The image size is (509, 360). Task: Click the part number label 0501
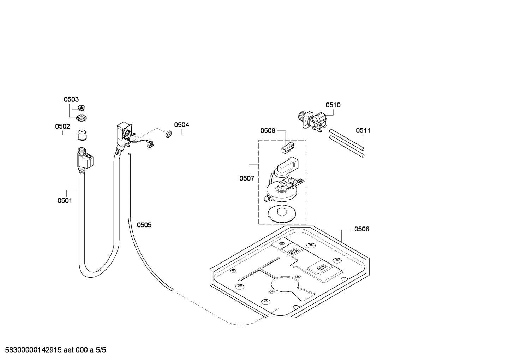coord(65,201)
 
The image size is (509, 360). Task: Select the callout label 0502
coord(62,126)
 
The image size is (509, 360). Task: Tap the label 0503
coord(71,100)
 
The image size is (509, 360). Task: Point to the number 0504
coord(181,125)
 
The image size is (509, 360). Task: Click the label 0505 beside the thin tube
coord(144,225)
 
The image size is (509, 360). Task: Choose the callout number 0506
coord(362,229)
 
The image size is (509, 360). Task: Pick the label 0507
coord(247,178)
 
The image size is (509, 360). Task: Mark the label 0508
coord(268,131)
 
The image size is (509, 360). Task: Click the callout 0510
coord(333,105)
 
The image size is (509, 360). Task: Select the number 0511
coord(363,130)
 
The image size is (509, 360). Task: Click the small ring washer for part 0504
coord(168,134)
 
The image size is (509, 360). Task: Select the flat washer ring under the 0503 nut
coord(82,117)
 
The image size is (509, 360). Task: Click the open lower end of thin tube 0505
coord(172,290)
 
